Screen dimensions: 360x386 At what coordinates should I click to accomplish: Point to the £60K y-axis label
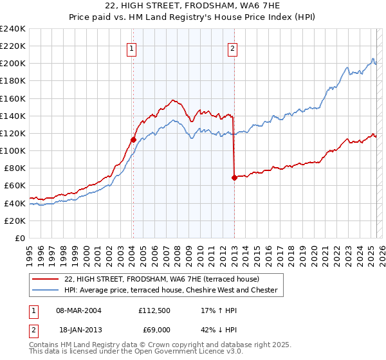click(15, 186)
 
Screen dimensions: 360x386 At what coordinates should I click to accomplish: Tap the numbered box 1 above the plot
click(132, 47)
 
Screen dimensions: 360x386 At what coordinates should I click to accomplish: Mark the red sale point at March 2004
click(133, 139)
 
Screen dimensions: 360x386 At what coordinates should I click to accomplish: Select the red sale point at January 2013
click(234, 177)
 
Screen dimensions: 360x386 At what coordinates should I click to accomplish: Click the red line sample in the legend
click(46, 279)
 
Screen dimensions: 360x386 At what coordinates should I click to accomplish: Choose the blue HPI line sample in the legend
click(46, 290)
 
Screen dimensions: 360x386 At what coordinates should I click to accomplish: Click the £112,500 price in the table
click(154, 310)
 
